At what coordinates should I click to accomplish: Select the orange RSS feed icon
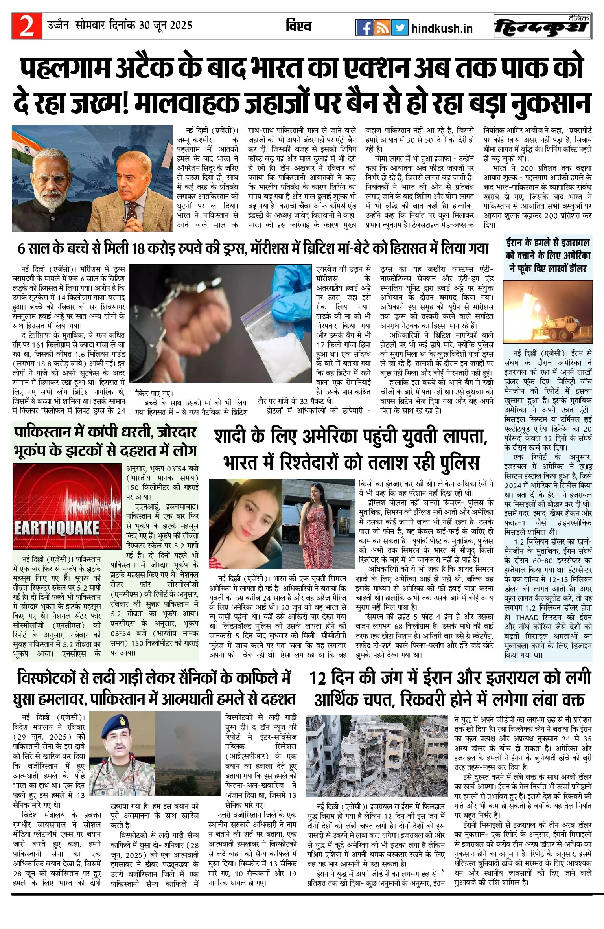(382, 28)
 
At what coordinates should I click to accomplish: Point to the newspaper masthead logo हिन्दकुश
(542, 27)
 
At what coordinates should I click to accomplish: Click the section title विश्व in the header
(299, 26)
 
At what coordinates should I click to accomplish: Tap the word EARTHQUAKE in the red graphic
(57, 528)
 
